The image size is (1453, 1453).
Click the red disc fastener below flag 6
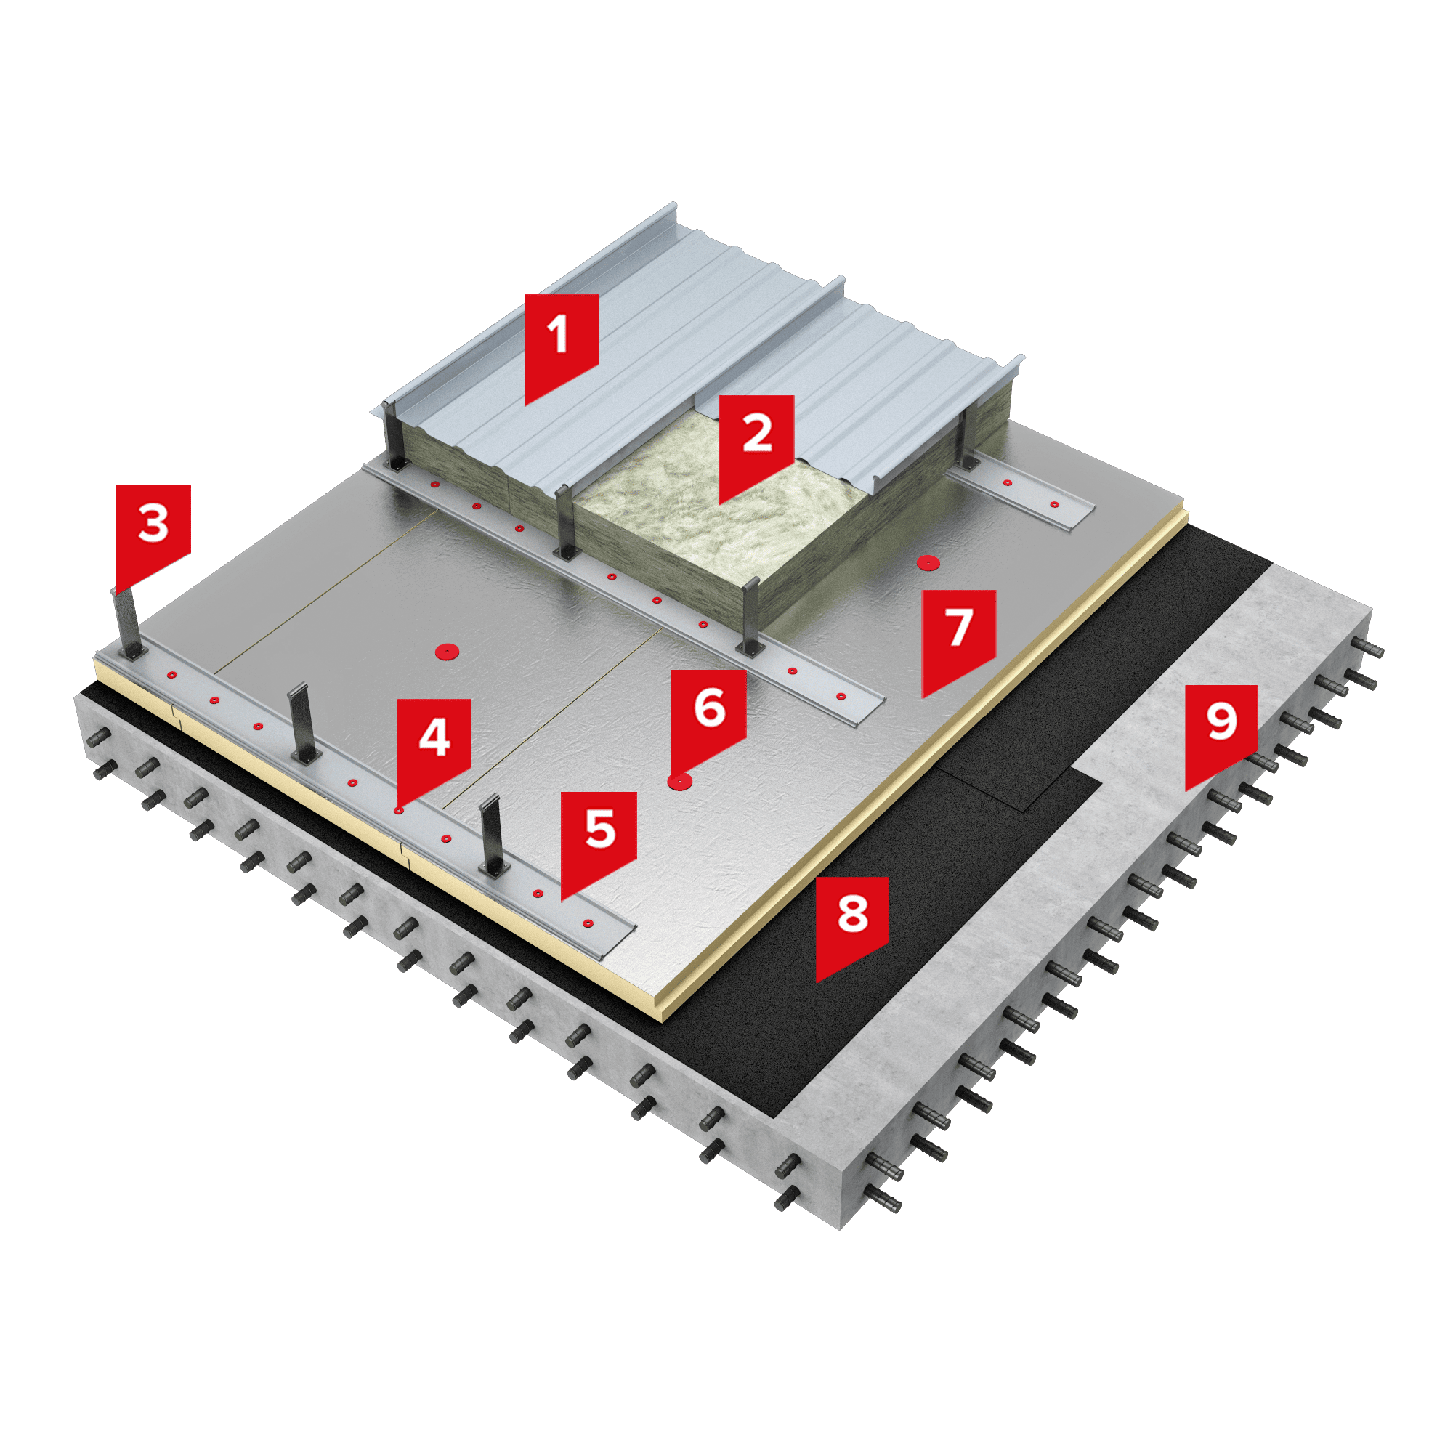[680, 782]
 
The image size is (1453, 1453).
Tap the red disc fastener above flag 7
[928, 562]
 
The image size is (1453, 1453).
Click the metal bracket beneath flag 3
[128, 623]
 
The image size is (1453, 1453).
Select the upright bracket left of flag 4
[303, 724]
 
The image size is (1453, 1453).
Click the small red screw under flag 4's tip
[399, 811]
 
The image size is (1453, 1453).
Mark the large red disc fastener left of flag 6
[448, 650]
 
